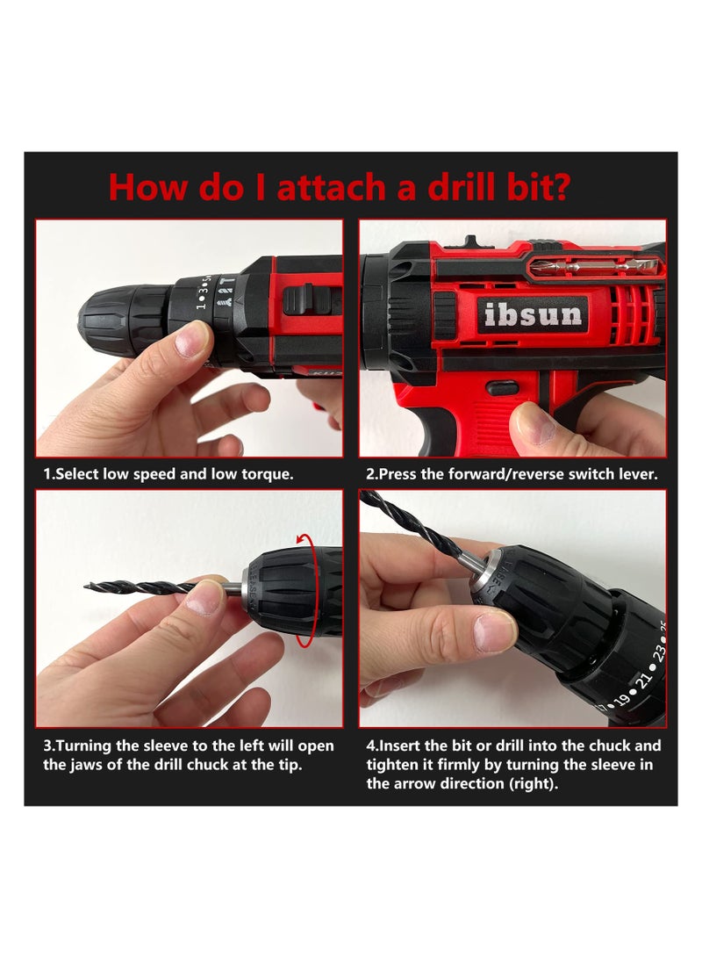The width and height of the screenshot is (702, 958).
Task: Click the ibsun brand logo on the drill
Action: tap(533, 315)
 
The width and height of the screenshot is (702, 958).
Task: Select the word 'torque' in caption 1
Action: tap(265, 475)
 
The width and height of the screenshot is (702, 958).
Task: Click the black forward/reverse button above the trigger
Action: tap(502, 388)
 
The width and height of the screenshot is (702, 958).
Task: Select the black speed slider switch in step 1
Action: tap(306, 300)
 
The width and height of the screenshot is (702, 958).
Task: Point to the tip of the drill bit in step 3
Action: tap(86, 587)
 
